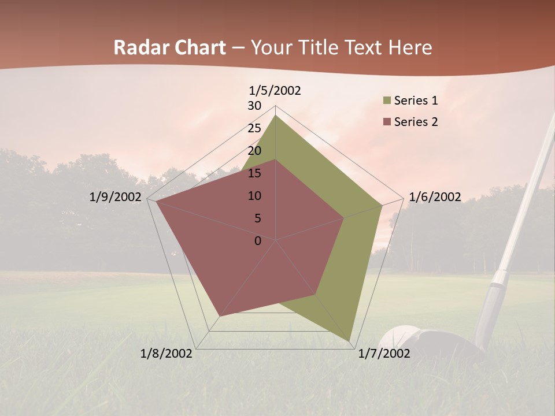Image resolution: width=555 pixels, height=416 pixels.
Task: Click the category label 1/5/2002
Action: point(275,90)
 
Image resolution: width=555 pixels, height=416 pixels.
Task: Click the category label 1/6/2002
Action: point(435,197)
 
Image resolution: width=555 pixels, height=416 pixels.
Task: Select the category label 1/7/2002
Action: point(384,354)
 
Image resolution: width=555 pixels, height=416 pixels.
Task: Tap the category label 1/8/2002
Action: point(166,354)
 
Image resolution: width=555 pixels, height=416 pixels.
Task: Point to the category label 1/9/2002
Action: point(116,197)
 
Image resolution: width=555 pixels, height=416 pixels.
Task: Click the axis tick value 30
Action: point(254,106)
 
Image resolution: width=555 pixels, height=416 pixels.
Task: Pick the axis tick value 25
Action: point(254,128)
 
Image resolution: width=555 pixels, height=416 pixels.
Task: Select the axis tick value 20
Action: point(254,151)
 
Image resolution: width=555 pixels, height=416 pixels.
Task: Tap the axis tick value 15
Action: point(254,173)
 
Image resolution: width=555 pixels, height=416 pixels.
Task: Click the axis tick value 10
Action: point(254,196)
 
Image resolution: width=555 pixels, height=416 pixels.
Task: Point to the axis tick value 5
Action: point(258,218)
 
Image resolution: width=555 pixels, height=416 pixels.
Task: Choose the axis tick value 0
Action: point(258,241)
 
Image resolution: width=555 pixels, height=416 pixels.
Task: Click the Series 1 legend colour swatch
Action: point(387,101)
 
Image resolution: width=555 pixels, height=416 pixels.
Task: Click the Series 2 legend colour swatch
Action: point(387,122)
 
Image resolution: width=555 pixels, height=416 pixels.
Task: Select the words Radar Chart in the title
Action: point(169,47)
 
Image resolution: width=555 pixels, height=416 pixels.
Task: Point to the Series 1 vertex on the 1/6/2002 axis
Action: point(382,205)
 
